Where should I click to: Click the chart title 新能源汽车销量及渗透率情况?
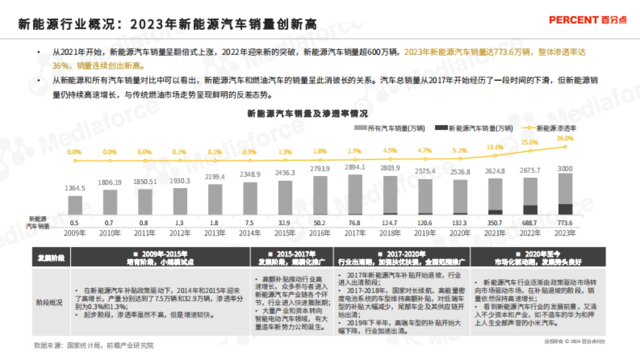coord(308,114)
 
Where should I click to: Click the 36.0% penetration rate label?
coord(565,138)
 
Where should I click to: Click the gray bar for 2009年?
coord(75,205)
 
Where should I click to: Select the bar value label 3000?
coord(565,168)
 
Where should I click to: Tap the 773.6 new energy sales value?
coord(565,223)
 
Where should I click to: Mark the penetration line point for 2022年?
coord(530,151)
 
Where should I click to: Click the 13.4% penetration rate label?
coord(495,147)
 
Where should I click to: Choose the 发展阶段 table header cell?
coord(51,257)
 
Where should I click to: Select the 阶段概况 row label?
coord(51,302)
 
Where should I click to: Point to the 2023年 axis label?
coord(565,233)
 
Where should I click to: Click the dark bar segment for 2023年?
coord(565,209)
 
